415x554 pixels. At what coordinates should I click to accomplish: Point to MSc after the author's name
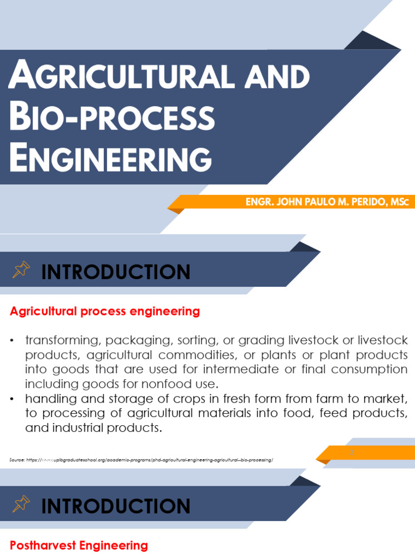click(x=400, y=202)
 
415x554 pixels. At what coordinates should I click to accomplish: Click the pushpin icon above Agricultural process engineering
click(x=21, y=269)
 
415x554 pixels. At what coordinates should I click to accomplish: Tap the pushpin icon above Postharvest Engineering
click(x=21, y=504)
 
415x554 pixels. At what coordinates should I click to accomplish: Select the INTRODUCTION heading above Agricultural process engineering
click(x=116, y=272)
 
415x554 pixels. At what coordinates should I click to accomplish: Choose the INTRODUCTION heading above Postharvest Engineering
click(x=116, y=506)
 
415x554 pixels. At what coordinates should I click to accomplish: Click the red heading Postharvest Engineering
click(x=79, y=545)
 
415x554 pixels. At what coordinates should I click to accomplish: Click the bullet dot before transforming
click(x=12, y=341)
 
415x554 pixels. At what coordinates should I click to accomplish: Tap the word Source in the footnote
click(x=17, y=460)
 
